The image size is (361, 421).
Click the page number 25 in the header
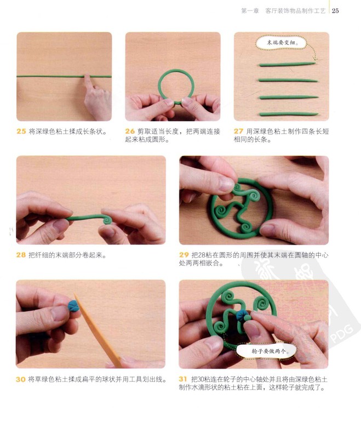tap(335, 11)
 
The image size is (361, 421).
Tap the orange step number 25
tap(21, 132)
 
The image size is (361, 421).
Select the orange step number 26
tap(130, 132)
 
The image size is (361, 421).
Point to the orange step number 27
tap(238, 132)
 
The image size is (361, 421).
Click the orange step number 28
tap(21, 255)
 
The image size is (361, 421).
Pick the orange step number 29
tap(184, 255)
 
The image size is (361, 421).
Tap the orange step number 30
tap(21, 379)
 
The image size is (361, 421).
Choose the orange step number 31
tap(183, 379)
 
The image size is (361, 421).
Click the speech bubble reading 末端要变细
tap(281, 43)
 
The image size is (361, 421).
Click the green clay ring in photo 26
tap(159, 86)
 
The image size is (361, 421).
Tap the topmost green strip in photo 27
tap(287, 64)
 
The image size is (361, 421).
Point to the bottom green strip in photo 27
tap(289, 114)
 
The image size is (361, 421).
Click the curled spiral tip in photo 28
tap(107, 220)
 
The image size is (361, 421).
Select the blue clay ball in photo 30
tap(73, 306)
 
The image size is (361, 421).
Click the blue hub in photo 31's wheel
tap(241, 315)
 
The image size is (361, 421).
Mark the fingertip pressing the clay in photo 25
tap(88, 78)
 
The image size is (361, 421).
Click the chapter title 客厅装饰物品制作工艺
tap(295, 11)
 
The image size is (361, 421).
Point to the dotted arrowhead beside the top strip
tap(315, 59)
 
